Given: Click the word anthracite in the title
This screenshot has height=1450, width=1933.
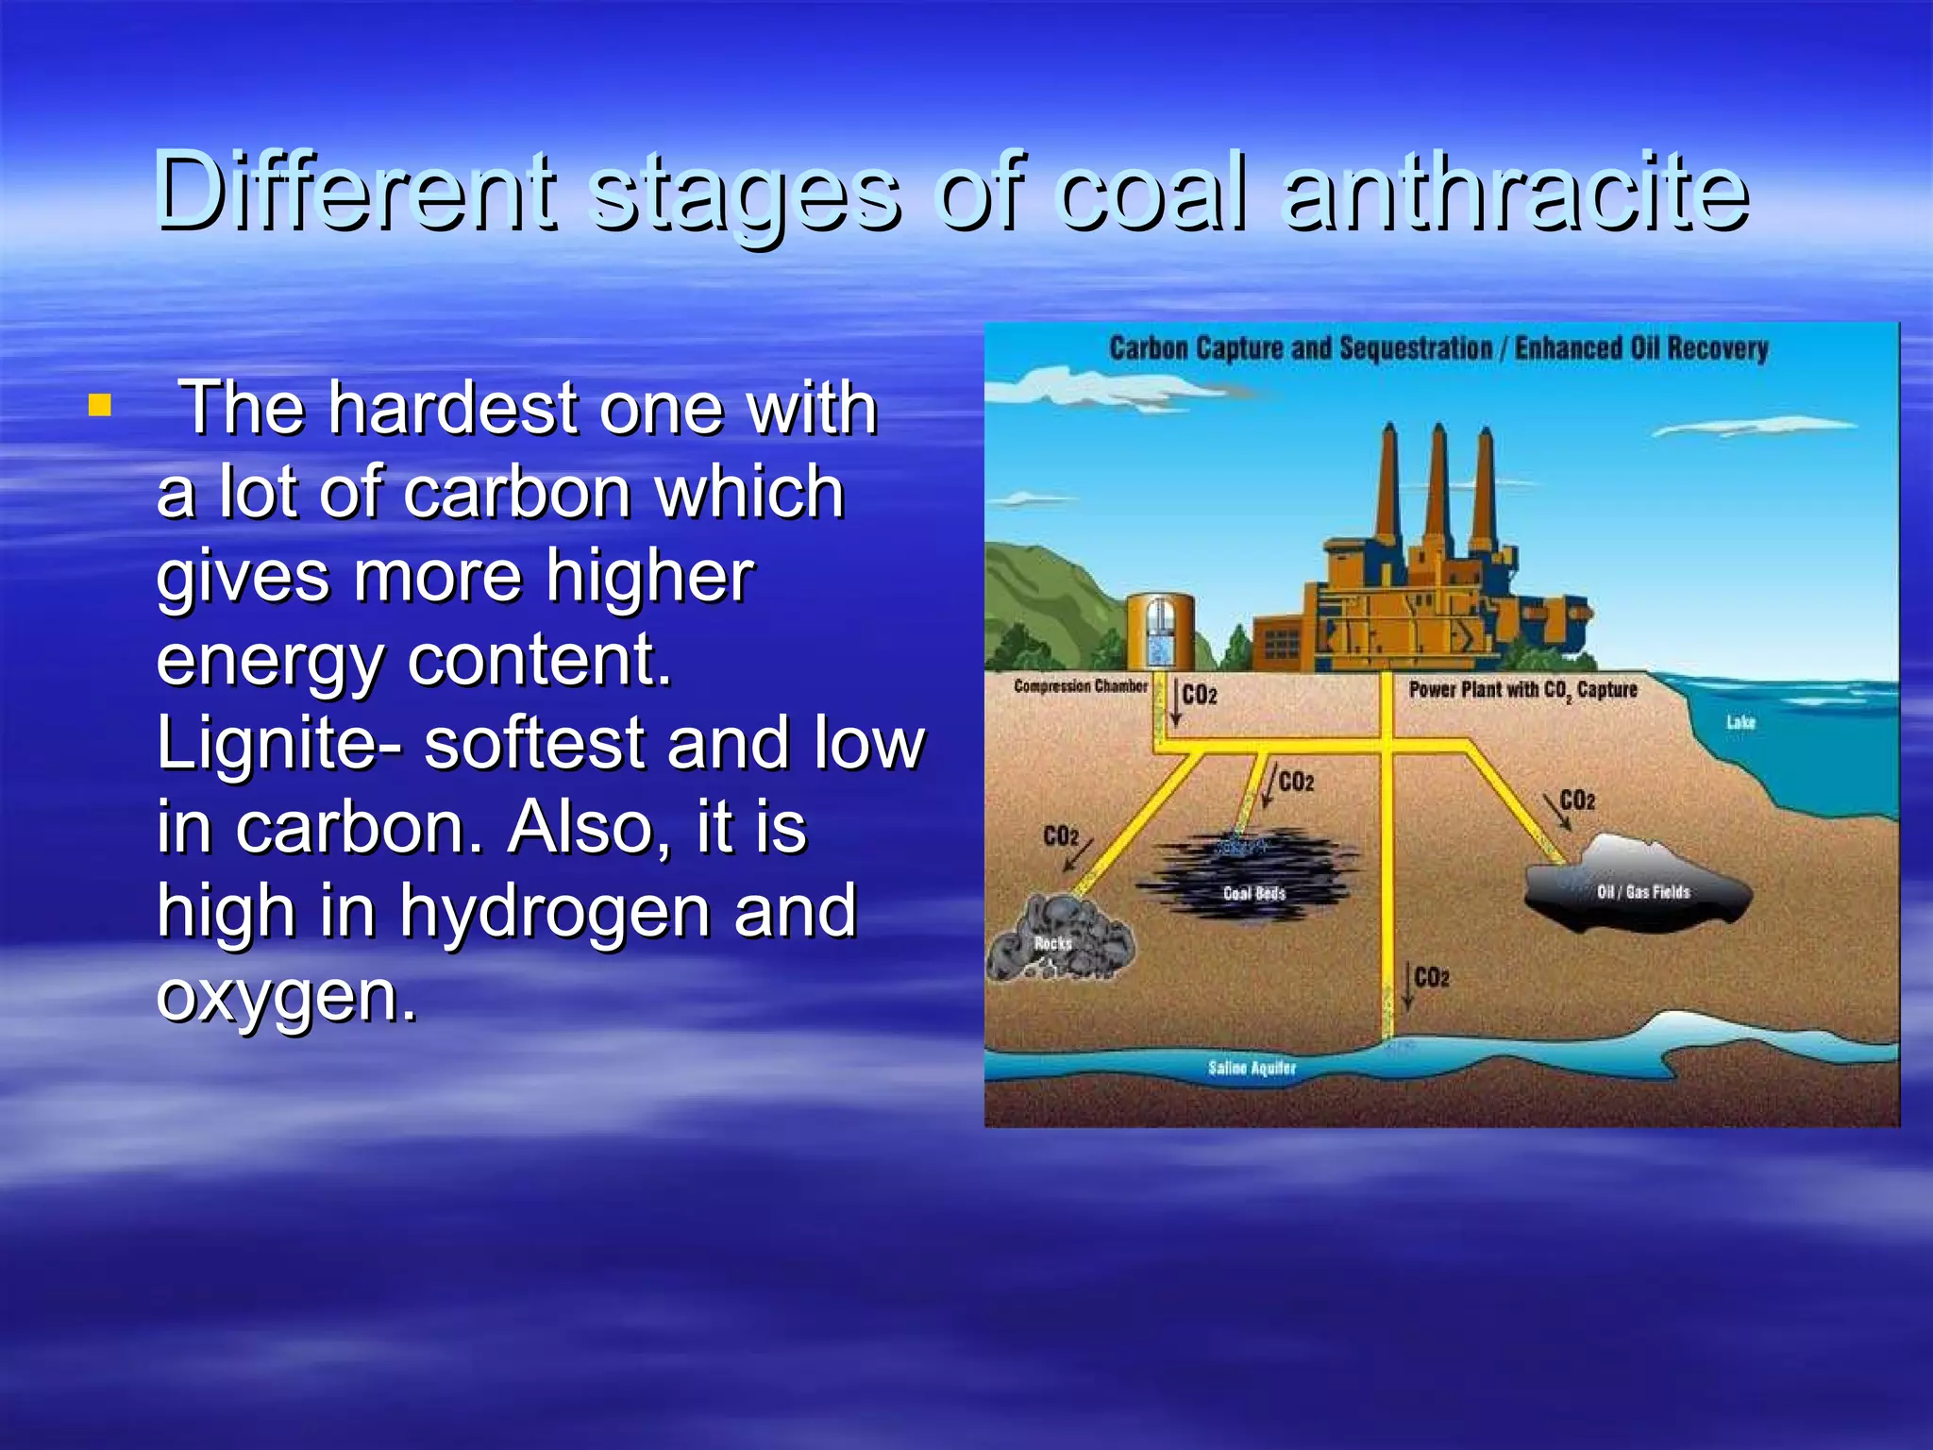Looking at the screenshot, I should tap(1515, 193).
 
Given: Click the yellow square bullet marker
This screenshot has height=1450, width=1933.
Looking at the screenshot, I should tap(99, 407).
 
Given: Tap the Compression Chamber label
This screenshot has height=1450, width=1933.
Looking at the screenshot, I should tap(1081, 686).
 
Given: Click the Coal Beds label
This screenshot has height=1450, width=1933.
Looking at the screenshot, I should tap(1254, 893).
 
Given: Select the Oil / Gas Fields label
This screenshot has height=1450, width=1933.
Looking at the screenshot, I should tap(1643, 892).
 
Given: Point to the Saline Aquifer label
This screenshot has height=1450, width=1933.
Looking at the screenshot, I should tap(1252, 1068).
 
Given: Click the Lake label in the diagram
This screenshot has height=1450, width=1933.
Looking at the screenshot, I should tap(1740, 722).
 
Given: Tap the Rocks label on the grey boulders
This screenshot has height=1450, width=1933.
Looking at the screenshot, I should tap(1052, 943).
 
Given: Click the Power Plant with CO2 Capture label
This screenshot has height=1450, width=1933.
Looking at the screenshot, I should tap(1522, 690).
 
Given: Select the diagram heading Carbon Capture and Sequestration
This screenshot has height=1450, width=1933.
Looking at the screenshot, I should tap(1300, 348).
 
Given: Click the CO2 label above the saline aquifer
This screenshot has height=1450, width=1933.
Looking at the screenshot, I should tap(1432, 977).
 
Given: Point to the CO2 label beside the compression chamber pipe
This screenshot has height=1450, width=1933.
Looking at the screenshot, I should tap(1200, 696).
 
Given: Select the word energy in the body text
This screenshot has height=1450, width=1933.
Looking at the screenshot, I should tap(270, 660).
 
